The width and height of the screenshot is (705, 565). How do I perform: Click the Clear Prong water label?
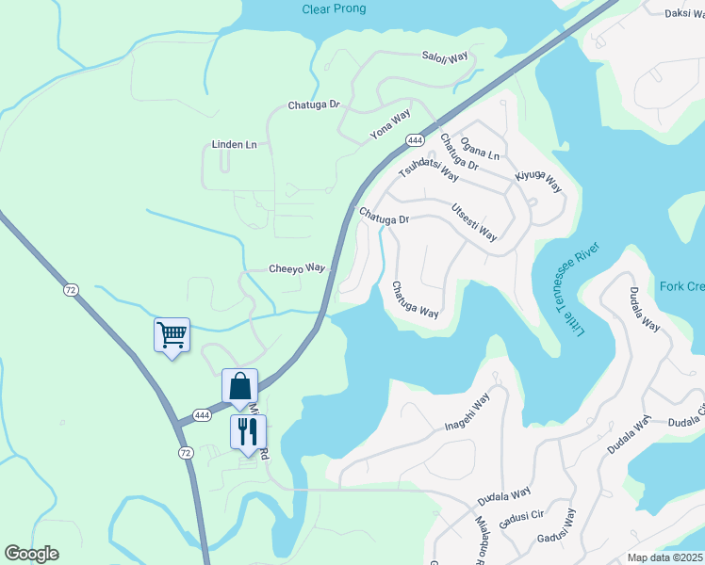(x=334, y=9)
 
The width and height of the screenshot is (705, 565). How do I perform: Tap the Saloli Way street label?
(x=445, y=56)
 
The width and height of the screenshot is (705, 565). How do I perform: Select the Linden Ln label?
(x=234, y=145)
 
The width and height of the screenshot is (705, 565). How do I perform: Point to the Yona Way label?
(x=390, y=126)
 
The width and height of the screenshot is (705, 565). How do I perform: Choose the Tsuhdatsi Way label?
(x=429, y=169)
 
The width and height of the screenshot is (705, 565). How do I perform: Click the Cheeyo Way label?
(x=296, y=268)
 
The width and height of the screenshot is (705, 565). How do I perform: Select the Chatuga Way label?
(x=416, y=299)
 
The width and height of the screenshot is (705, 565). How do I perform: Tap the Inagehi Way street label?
(x=468, y=413)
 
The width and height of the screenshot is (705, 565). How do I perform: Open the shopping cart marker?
(x=172, y=334)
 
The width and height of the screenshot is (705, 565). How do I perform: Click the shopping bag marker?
(x=239, y=385)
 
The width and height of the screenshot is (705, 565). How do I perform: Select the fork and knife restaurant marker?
(x=248, y=431)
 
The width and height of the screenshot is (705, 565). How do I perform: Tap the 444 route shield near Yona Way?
(x=415, y=139)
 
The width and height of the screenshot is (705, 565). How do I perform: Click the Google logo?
(x=31, y=554)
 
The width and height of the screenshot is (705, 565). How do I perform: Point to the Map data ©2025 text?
(x=665, y=557)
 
